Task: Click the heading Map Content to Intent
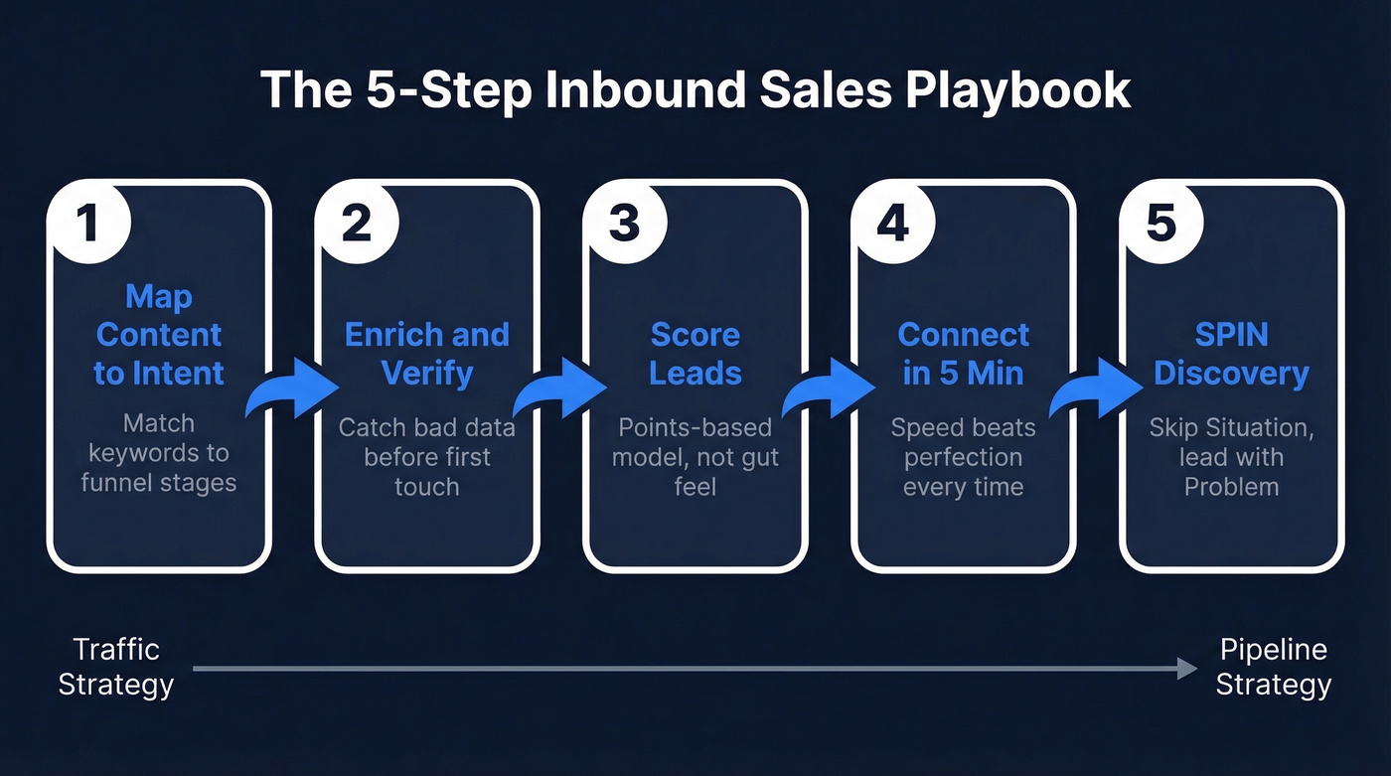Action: pyautogui.click(x=159, y=335)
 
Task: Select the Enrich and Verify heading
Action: pyautogui.click(x=427, y=354)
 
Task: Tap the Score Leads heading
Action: pyautogui.click(x=695, y=354)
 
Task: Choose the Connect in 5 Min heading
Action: pyautogui.click(x=963, y=354)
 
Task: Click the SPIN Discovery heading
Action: pyautogui.click(x=1231, y=354)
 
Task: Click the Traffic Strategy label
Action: pyautogui.click(x=116, y=667)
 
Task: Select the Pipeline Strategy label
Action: pyautogui.click(x=1273, y=667)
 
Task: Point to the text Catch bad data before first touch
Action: pyautogui.click(x=427, y=457)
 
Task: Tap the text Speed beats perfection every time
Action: pyautogui.click(x=963, y=457)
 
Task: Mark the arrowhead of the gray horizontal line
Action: pyautogui.click(x=1187, y=669)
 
